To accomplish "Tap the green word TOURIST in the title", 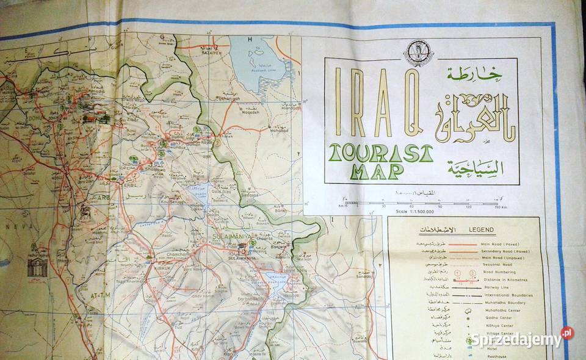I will click(x=380, y=153).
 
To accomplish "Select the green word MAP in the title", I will click(x=377, y=171).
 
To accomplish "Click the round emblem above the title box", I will click(x=419, y=53).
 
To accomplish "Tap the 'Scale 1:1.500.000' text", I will click(x=372, y=211).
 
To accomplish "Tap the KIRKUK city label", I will click(x=161, y=267).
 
